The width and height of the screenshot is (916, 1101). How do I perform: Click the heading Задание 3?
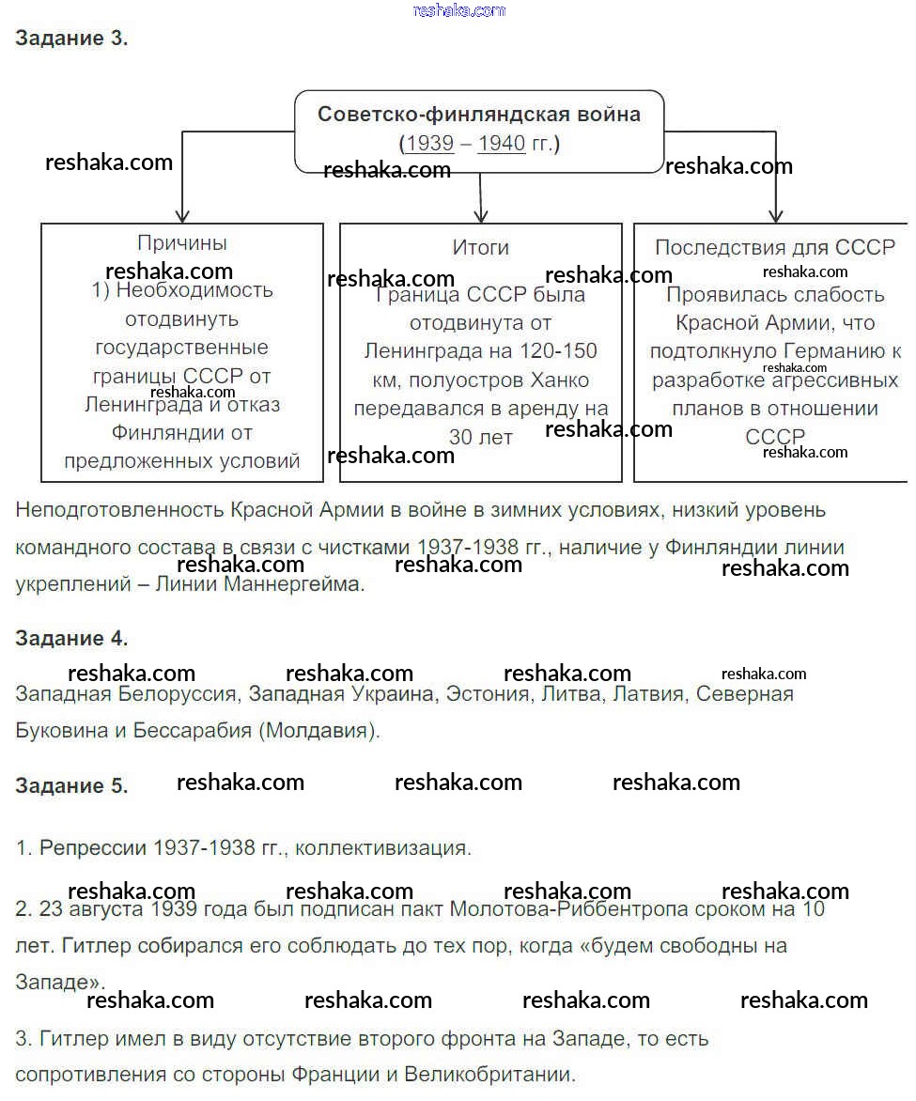pos(71,39)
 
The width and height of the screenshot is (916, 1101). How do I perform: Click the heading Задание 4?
pos(71,639)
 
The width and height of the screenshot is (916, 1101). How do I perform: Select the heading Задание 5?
pos(71,786)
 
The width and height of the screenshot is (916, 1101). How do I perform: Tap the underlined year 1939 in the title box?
pos(428,144)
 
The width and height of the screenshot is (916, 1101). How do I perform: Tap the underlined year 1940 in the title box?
pos(502,144)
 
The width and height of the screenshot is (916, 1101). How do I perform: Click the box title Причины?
pos(182,243)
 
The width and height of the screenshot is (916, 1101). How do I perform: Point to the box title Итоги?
pos(480,247)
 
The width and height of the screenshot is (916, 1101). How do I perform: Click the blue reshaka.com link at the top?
pos(458,10)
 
